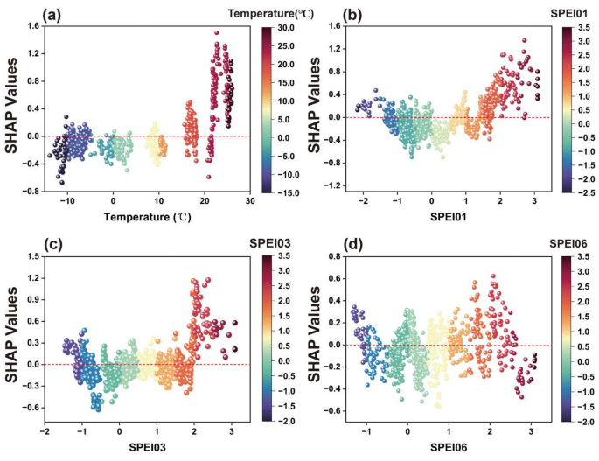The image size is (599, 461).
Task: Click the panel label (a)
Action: tap(57, 15)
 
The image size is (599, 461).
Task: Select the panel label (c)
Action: tap(57, 245)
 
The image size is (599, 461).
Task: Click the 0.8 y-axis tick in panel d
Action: tap(332, 257)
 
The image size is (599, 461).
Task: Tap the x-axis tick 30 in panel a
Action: tap(249, 201)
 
